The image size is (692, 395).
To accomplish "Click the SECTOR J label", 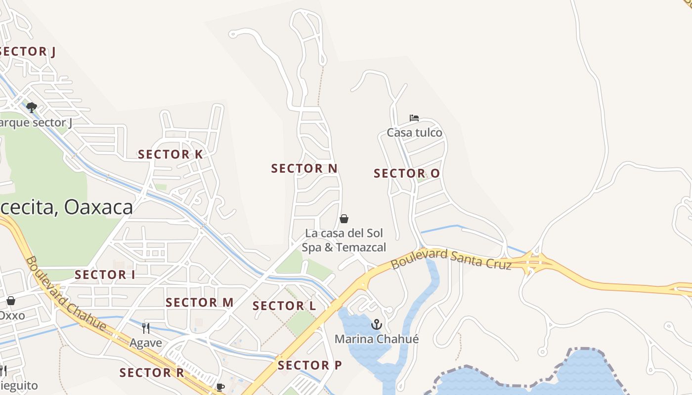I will pyautogui.click(x=28, y=51).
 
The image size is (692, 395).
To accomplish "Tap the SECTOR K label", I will pyautogui.click(x=170, y=155).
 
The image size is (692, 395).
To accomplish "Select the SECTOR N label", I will pyautogui.click(x=304, y=168).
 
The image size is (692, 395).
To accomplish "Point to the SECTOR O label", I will pyautogui.click(x=406, y=173).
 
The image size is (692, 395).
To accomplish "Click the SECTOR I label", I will pyautogui.click(x=105, y=275).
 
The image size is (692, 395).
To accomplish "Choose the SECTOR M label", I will pyautogui.click(x=199, y=303).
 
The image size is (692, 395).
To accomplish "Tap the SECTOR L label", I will pyautogui.click(x=284, y=306).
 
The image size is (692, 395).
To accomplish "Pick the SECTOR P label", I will pyautogui.click(x=309, y=365).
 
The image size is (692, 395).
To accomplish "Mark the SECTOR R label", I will pyautogui.click(x=152, y=373).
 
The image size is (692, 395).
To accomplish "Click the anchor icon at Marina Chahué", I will pyautogui.click(x=377, y=324).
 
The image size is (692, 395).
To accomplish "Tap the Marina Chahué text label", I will pyautogui.click(x=376, y=339).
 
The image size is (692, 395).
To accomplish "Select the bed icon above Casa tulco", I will pyautogui.click(x=414, y=118).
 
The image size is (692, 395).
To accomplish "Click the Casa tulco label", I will pyautogui.click(x=414, y=132).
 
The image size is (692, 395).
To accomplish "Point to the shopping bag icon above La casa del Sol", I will pyautogui.click(x=344, y=218).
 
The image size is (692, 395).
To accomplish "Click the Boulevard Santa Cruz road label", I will pyautogui.click(x=451, y=259).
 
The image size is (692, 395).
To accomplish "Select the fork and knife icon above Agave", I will pyautogui.click(x=146, y=328).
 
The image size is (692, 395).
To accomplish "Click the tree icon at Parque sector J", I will pyautogui.click(x=32, y=107).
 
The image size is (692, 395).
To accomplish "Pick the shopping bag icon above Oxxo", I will pyautogui.click(x=11, y=300).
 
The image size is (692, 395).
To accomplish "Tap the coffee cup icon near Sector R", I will pyautogui.click(x=220, y=387).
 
